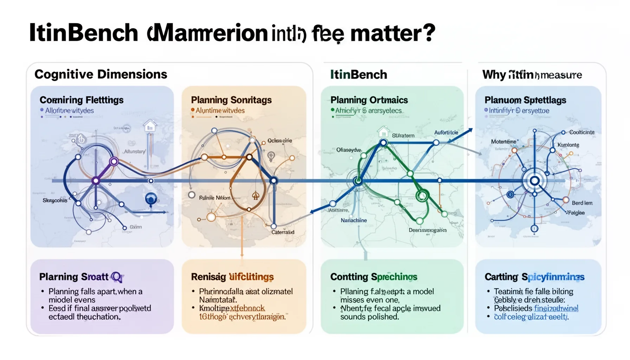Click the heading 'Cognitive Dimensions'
pos(101,75)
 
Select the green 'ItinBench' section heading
pos(358,75)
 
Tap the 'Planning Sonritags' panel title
pos(231,100)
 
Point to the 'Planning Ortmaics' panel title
pos(369,100)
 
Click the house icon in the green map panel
pos(383,132)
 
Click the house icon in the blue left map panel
pos(150,125)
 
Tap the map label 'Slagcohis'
pos(55,200)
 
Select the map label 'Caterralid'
pos(283,232)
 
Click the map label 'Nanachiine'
pos(353,220)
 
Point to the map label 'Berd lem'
pos(582,203)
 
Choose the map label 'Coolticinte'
pos(582,132)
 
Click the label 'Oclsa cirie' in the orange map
pos(279,141)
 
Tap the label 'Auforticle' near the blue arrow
pos(446,133)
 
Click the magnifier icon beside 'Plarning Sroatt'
pos(117,277)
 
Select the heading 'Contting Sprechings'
pos(373,277)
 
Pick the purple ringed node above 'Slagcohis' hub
pos(114,162)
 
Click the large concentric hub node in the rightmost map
pos(534,181)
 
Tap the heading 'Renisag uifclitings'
pos(232,277)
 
